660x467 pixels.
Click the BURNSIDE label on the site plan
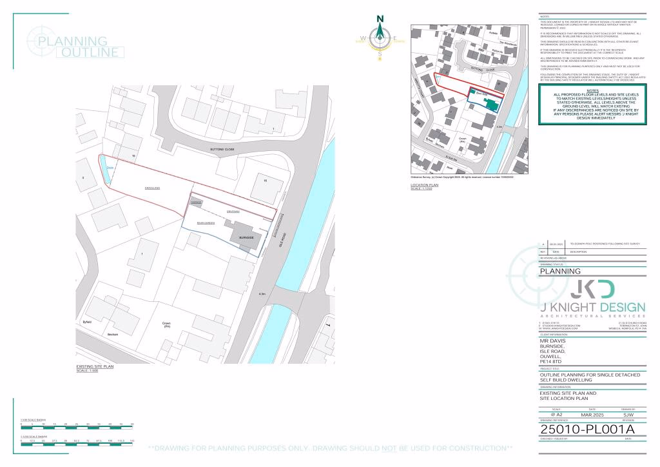click(247, 238)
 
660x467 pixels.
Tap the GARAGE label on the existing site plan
click(196, 203)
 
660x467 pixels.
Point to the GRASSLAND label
click(152, 187)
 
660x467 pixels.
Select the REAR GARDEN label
click(206, 222)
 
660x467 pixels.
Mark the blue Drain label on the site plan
click(110, 168)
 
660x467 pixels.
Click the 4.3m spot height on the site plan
click(262, 294)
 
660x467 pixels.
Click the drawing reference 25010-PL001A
click(587, 430)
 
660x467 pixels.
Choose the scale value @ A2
click(555, 414)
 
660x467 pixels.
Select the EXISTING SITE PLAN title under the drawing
click(95, 366)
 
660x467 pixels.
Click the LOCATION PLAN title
click(424, 184)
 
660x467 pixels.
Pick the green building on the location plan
click(490, 104)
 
